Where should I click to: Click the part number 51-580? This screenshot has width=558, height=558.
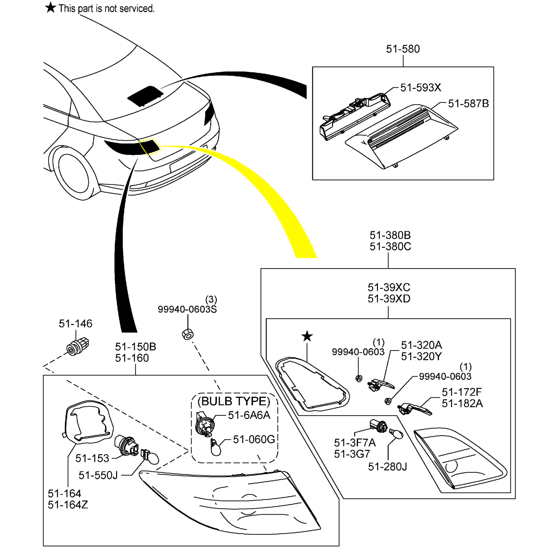click(x=403, y=49)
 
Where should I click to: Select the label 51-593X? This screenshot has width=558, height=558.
click(x=420, y=88)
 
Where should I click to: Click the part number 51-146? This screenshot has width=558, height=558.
click(x=75, y=324)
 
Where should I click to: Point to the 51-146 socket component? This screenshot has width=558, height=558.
click(x=78, y=346)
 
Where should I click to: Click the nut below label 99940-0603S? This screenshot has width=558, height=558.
click(x=188, y=334)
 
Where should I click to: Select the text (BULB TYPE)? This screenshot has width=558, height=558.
click(x=234, y=401)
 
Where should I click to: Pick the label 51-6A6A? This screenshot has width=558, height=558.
click(x=249, y=415)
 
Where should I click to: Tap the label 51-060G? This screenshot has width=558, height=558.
click(x=254, y=439)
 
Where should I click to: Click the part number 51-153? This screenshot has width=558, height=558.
click(x=92, y=458)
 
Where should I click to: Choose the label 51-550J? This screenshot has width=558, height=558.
click(x=98, y=475)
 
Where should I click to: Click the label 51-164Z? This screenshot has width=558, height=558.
click(x=68, y=505)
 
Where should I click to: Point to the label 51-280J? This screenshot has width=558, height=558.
click(x=387, y=467)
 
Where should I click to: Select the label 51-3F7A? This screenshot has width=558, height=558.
click(x=355, y=443)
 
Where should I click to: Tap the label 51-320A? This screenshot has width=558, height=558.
click(x=421, y=345)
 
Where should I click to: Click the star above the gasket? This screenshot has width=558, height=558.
click(x=307, y=336)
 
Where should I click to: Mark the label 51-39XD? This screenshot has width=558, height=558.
click(x=389, y=299)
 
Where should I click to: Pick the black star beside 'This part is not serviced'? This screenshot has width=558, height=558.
click(x=51, y=8)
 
